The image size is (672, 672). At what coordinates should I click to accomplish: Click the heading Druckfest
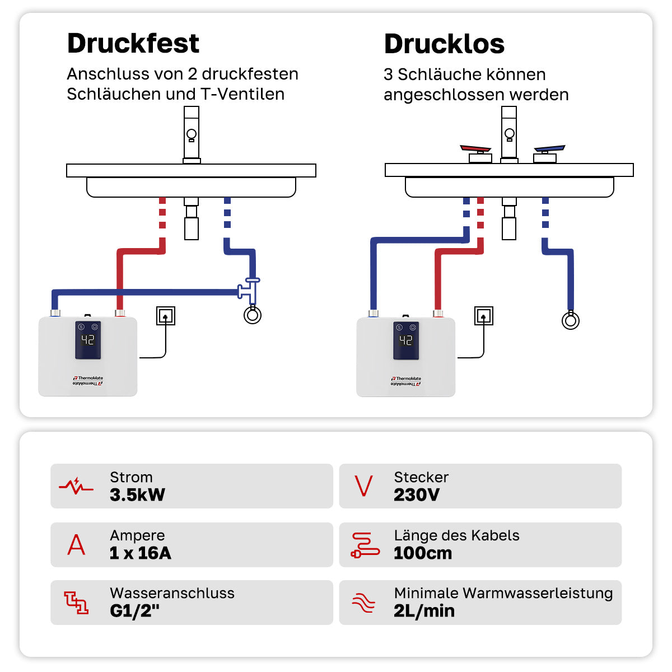[133, 44]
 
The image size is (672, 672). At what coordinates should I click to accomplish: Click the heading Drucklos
[444, 44]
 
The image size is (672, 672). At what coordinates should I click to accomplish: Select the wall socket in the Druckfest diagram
[165, 316]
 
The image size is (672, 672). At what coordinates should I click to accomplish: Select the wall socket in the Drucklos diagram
[483, 316]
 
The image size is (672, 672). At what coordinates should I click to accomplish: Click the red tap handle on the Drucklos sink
[475, 149]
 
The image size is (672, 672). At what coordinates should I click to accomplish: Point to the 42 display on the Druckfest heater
[88, 339]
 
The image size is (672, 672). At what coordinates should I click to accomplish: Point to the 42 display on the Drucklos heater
[406, 340]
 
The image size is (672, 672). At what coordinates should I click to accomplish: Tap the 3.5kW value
[137, 495]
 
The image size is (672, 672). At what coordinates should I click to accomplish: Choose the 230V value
[417, 495]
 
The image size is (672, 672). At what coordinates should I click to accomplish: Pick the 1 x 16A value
[140, 553]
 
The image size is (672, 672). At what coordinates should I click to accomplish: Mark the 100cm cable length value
[423, 553]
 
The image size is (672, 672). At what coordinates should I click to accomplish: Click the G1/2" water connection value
[134, 611]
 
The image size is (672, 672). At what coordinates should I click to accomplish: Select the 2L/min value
[424, 611]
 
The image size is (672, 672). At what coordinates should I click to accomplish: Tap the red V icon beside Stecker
[363, 486]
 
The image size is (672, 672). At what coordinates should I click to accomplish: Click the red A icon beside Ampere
[76, 544]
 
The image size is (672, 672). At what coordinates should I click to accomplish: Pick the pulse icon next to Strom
[76, 486]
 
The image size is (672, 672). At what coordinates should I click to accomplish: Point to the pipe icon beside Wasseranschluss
[76, 603]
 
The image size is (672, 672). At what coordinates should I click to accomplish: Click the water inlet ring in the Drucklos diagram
[570, 321]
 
